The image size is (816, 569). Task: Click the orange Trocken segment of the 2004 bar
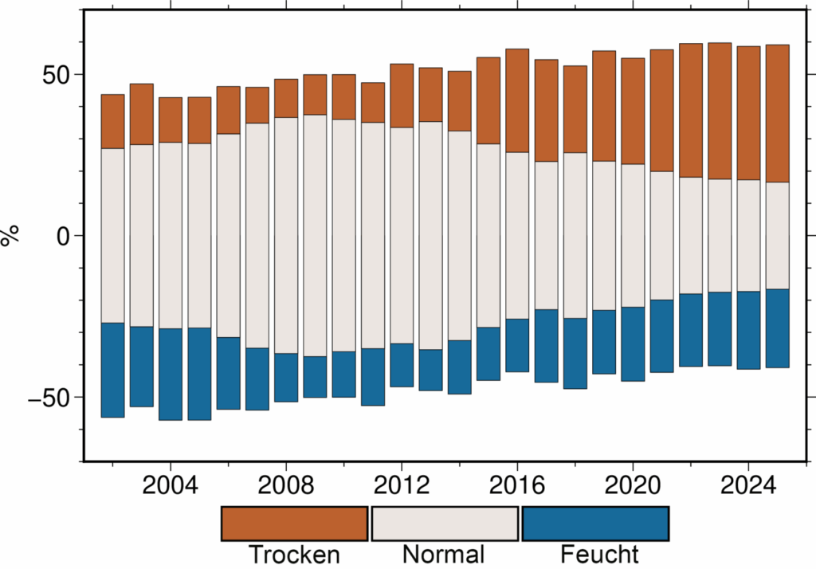click(x=171, y=120)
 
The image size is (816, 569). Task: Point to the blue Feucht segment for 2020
click(x=633, y=343)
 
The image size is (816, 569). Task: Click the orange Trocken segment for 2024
click(x=748, y=112)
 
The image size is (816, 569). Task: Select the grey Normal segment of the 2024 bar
click(x=748, y=235)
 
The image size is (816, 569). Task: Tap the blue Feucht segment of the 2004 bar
click(x=171, y=374)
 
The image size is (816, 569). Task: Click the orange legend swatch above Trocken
click(x=295, y=523)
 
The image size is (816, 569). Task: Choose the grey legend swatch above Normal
click(x=445, y=523)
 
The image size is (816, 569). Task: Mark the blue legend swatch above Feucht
click(x=594, y=523)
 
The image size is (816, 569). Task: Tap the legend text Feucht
click(x=599, y=554)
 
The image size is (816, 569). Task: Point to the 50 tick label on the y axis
click(x=58, y=75)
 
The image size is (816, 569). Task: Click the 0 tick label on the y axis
click(x=67, y=236)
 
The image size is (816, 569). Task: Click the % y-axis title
click(x=11, y=236)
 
